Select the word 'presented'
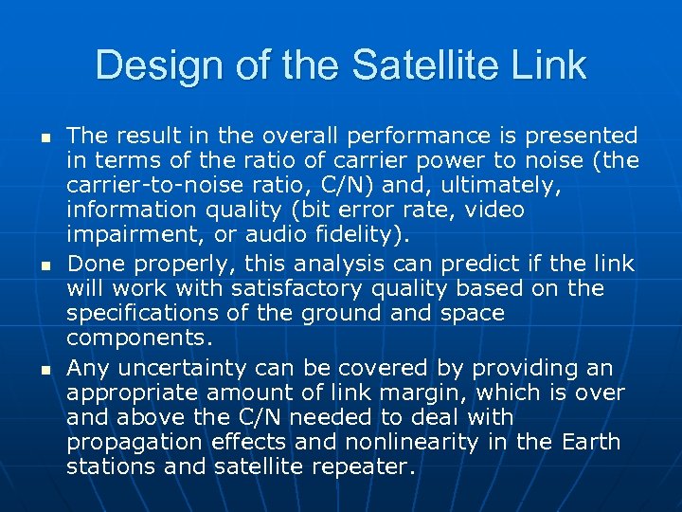[x=580, y=136]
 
